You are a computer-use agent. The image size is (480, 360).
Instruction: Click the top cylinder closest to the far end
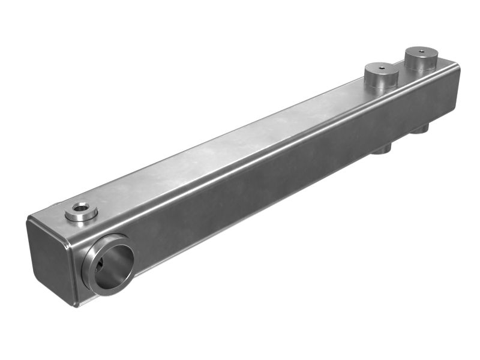(422, 59)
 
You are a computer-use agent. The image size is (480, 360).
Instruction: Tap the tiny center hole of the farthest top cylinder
(422, 52)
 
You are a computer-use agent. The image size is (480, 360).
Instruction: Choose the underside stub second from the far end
(382, 148)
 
